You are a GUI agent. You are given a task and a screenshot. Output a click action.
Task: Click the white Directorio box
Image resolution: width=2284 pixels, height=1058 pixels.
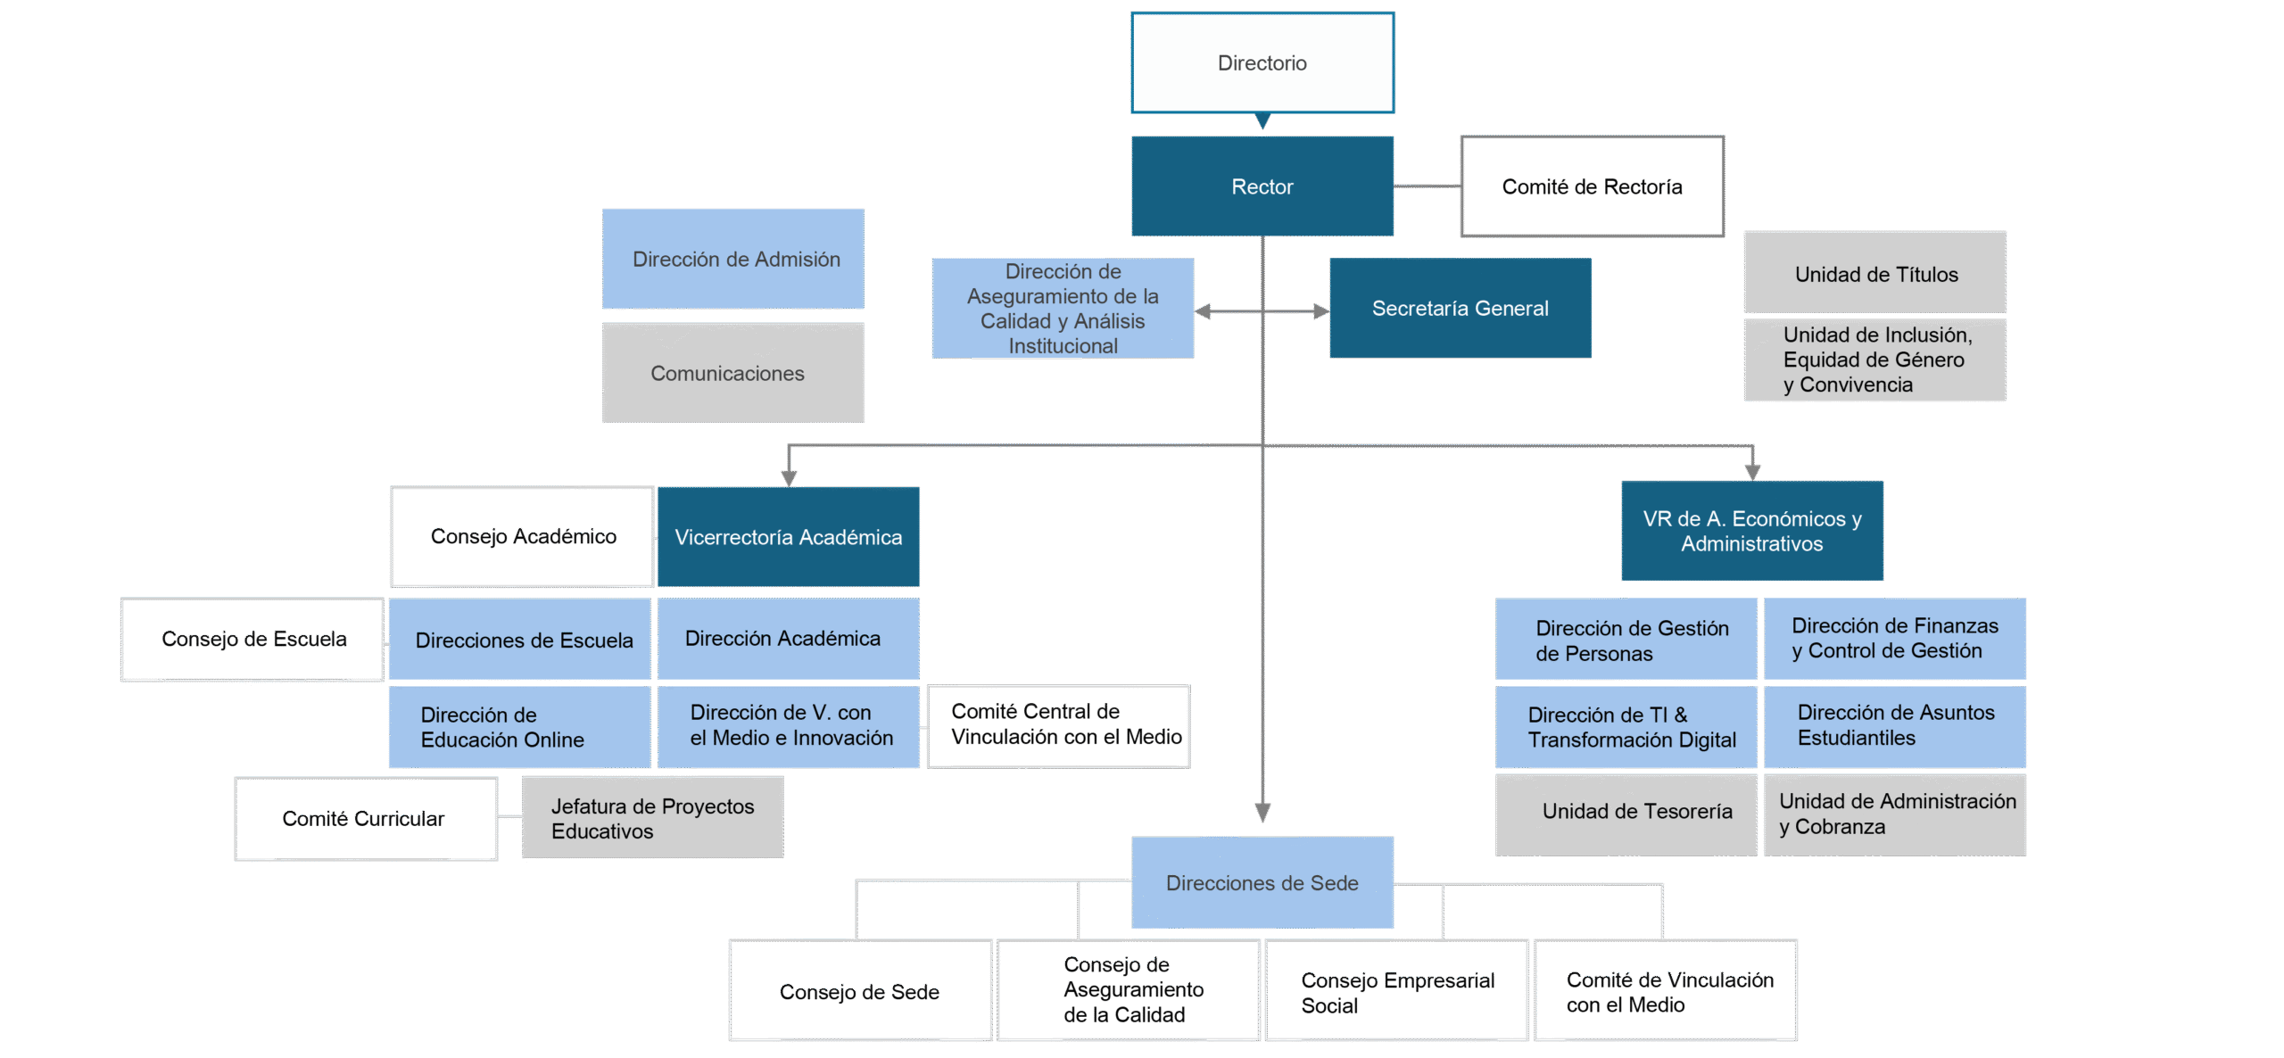tap(1262, 62)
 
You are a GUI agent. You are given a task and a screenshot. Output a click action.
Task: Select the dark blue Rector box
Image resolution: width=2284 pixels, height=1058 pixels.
tap(1262, 186)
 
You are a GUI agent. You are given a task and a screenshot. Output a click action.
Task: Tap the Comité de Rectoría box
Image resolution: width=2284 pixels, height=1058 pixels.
tap(1592, 186)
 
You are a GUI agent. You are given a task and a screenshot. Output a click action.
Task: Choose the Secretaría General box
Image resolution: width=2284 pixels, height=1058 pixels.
tap(1460, 309)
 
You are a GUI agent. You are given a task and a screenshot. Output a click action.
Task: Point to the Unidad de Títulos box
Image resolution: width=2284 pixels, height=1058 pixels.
tap(1875, 273)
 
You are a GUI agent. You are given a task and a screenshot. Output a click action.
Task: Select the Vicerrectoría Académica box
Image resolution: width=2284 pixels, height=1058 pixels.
tap(789, 537)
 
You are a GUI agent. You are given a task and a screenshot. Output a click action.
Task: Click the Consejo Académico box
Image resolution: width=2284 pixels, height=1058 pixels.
tap(523, 537)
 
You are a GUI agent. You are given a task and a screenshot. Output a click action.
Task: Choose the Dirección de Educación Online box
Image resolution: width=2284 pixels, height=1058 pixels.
tap(519, 727)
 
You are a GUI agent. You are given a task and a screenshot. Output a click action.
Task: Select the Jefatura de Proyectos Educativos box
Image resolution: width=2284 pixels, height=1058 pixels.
tap(653, 818)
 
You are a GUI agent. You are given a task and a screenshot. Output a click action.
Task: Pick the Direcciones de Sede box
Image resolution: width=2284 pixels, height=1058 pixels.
tap(1262, 883)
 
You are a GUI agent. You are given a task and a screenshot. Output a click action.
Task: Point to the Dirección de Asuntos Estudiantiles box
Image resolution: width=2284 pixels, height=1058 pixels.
tap(1895, 726)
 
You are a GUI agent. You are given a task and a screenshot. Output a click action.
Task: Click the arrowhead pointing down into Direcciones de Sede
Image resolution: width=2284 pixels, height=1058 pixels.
tap(1262, 812)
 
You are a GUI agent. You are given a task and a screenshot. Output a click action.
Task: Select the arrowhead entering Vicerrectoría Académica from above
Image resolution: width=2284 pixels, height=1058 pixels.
tap(789, 476)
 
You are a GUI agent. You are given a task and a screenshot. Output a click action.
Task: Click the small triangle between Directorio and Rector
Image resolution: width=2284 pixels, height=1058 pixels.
tap(1262, 121)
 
